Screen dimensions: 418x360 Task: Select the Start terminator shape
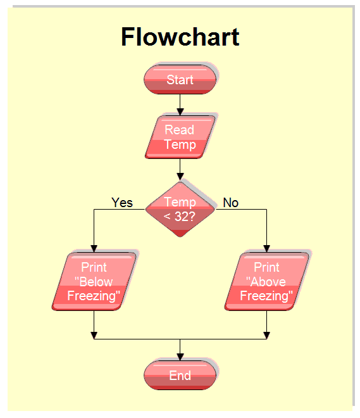[x=180, y=80]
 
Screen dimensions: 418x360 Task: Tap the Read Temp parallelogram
[x=180, y=137]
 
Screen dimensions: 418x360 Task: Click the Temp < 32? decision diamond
[x=180, y=209]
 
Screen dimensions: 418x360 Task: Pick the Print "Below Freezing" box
[x=94, y=281]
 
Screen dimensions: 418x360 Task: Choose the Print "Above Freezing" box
[x=266, y=281]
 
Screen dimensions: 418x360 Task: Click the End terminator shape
[x=180, y=376]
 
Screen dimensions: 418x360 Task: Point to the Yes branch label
[x=122, y=203]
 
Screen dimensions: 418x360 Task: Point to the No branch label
[x=231, y=203]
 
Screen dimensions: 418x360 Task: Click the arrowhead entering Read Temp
[x=180, y=111]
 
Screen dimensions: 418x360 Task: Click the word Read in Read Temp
[x=180, y=130]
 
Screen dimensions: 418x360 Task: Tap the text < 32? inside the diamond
[x=180, y=216]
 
